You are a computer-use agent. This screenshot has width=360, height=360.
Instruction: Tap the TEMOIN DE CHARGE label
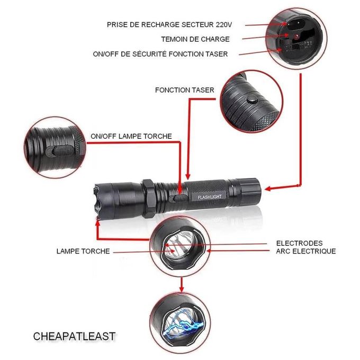coord(195,39)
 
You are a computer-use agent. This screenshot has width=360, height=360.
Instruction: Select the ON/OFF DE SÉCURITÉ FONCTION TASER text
coord(167,54)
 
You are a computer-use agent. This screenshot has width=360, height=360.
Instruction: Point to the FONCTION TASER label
coord(184,90)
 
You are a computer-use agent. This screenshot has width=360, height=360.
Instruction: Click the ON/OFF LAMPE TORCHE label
coord(131,136)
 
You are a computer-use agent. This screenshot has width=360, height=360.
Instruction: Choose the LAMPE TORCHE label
coord(83,251)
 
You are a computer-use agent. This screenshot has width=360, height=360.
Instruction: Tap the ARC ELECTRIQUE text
coord(305,251)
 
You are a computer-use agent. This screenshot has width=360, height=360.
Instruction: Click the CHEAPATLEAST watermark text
coord(74,336)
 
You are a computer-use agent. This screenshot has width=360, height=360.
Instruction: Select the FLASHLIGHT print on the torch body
coord(210,197)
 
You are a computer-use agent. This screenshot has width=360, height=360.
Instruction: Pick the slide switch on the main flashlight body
coord(175,197)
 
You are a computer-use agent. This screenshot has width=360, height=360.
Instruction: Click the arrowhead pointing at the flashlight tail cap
coord(267,188)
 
